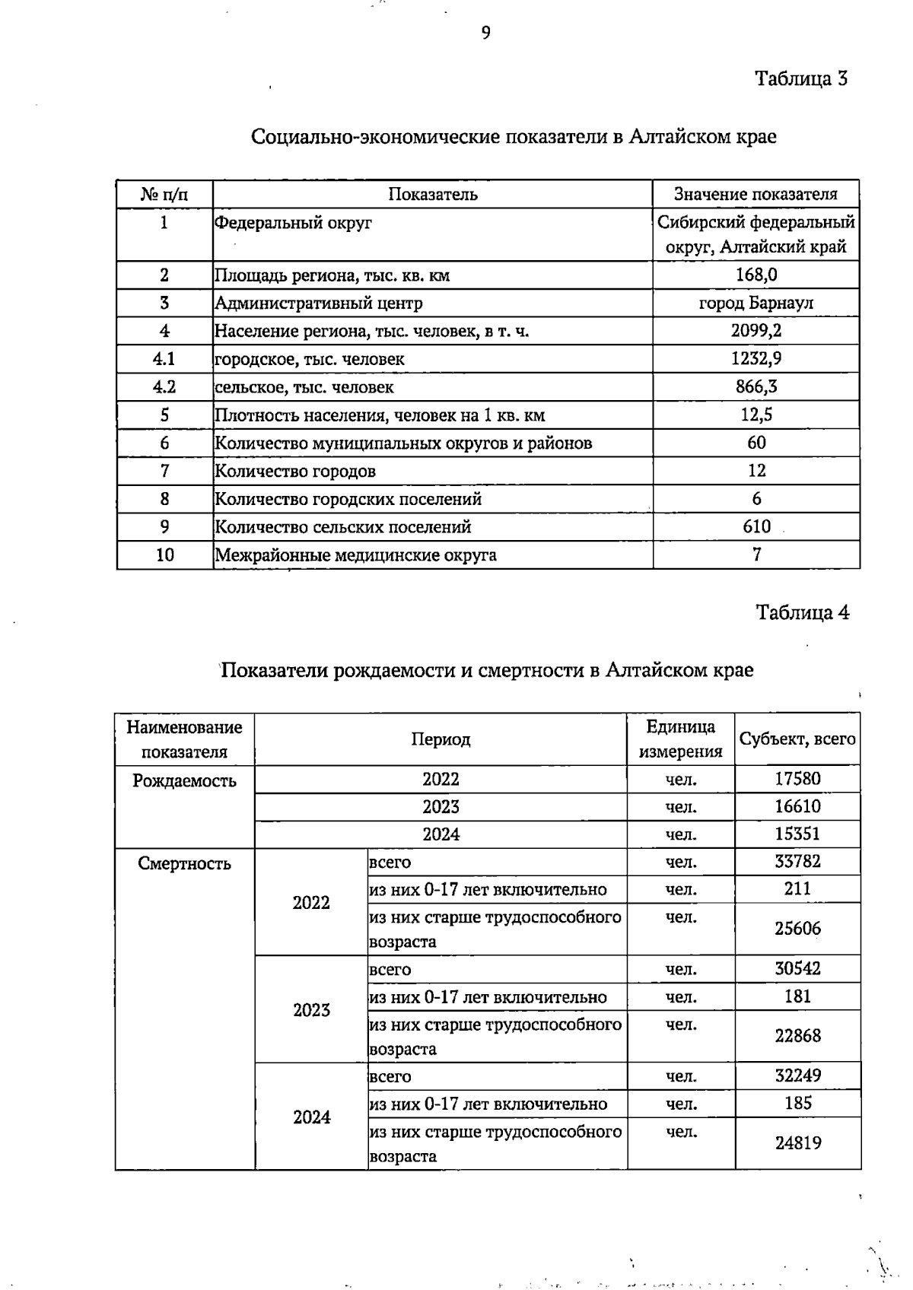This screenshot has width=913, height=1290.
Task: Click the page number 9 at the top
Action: click(x=485, y=33)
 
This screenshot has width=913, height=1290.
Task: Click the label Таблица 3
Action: click(x=801, y=78)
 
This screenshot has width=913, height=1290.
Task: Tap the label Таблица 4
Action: click(x=802, y=612)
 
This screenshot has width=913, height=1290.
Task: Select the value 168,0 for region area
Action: click(x=756, y=275)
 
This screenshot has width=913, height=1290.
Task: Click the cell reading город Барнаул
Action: click(x=756, y=303)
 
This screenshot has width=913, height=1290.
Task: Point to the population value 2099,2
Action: click(x=756, y=330)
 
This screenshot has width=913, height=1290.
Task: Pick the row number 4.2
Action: click(x=164, y=386)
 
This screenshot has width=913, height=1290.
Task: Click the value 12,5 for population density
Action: click(x=756, y=415)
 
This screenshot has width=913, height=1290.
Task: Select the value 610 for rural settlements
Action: click(x=756, y=526)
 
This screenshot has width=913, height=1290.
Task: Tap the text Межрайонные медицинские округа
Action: click(x=355, y=554)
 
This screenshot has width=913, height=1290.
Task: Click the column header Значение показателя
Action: click(x=756, y=194)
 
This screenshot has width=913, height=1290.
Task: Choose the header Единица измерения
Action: click(x=680, y=739)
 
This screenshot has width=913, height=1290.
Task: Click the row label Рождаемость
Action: click(x=184, y=781)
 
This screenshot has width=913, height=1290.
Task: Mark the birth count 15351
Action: click(x=797, y=834)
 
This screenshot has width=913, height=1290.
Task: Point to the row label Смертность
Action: click(x=184, y=863)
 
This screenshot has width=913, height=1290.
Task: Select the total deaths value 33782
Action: click(x=797, y=861)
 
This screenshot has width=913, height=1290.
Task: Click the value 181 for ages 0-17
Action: click(x=797, y=996)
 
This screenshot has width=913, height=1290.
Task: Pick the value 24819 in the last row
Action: click(x=797, y=1142)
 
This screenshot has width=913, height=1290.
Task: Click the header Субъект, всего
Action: click(x=797, y=739)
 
